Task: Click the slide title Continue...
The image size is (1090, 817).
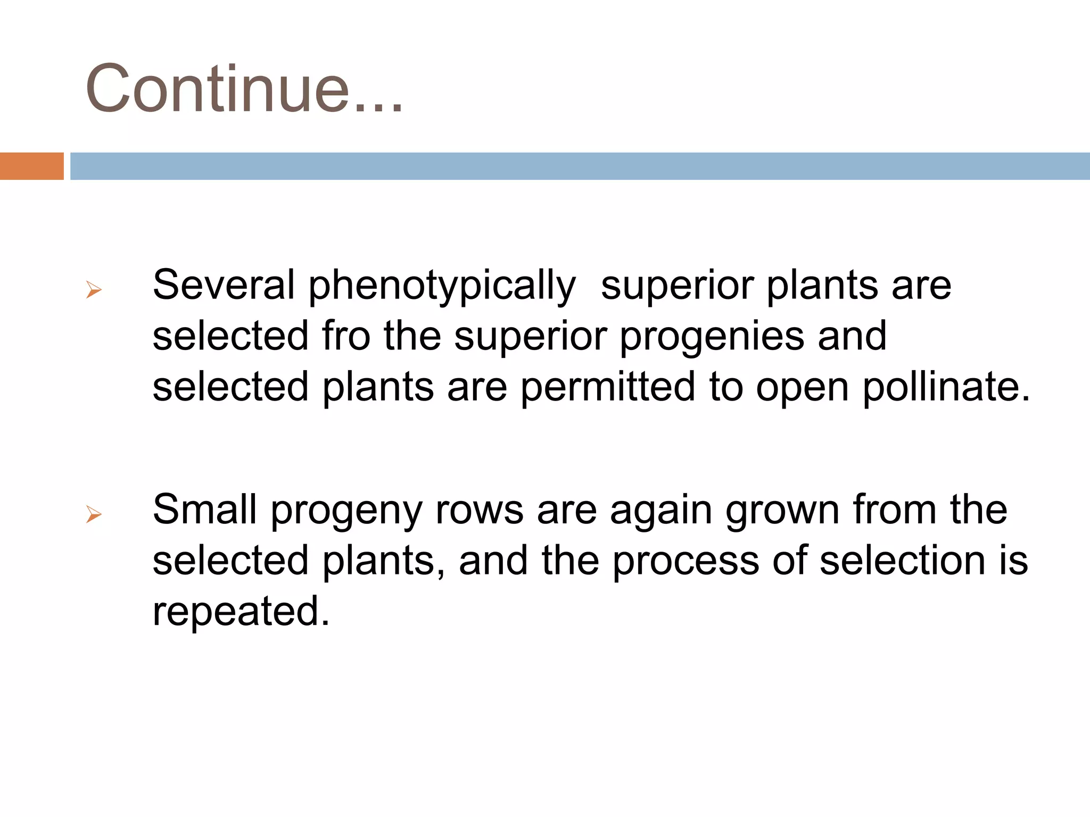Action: [x=244, y=88]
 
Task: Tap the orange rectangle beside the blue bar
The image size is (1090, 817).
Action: [x=31, y=166]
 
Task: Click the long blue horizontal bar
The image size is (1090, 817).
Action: [x=579, y=166]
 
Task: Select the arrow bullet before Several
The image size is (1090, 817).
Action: [x=94, y=290]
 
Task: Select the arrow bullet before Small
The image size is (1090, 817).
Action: [x=94, y=514]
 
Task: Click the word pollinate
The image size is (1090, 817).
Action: [x=946, y=388]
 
